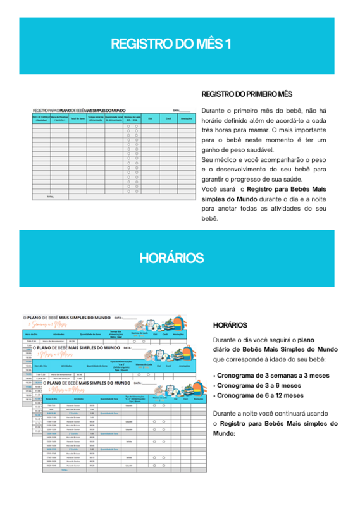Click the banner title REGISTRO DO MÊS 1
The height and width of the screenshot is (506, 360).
point(171,44)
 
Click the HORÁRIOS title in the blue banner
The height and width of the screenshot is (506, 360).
point(171,259)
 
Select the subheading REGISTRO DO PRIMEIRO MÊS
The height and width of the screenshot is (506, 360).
point(247,94)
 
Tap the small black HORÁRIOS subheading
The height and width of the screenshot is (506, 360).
point(230,325)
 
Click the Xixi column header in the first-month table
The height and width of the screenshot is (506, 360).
point(151,118)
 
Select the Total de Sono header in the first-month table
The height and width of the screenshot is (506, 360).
point(78,118)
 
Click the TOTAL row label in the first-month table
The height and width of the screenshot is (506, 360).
point(42,197)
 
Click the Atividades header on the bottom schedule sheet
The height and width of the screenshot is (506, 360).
point(80,398)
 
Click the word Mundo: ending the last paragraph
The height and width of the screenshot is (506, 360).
point(225,433)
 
